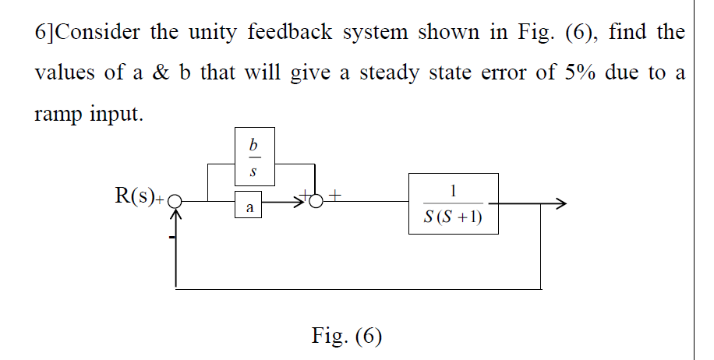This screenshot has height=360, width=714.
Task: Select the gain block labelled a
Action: pos(249,208)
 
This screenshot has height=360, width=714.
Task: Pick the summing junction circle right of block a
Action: pos(316,203)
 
